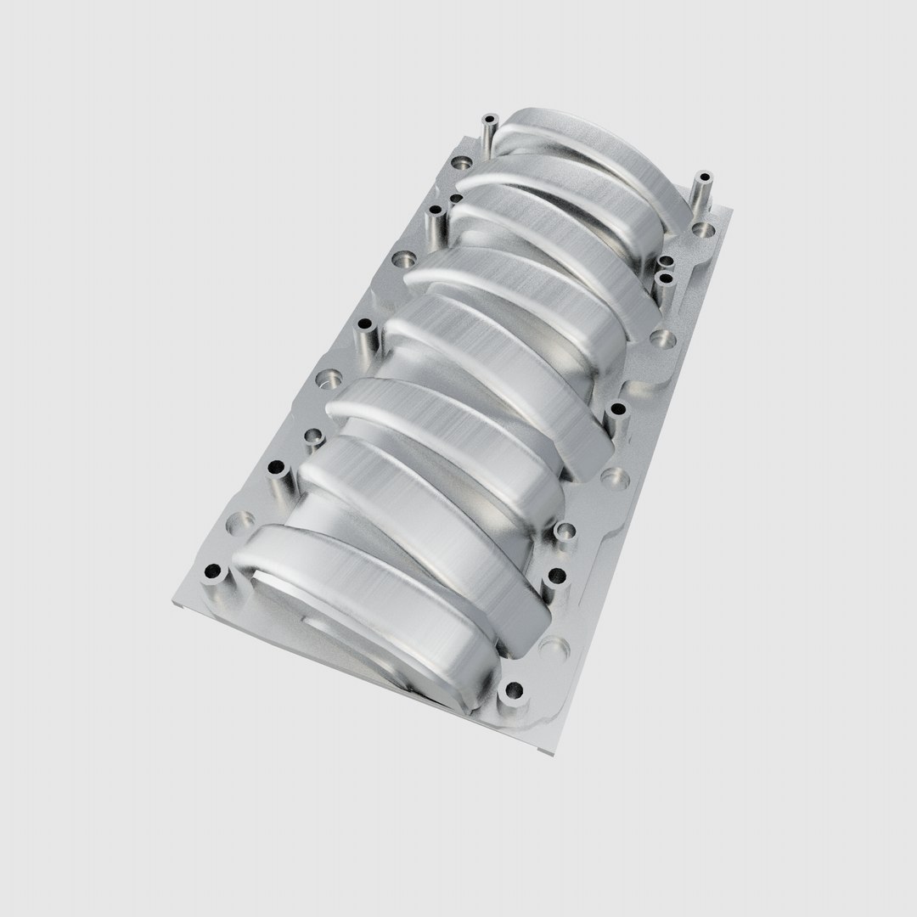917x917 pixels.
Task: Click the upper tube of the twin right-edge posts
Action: pos(666,262)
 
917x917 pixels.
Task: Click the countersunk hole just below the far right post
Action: pos(704,229)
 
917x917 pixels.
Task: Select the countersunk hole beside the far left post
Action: pos(461,161)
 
